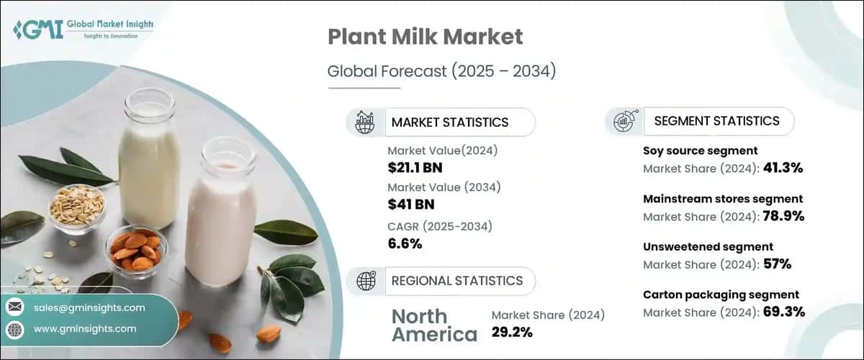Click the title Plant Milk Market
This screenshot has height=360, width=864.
click(x=425, y=38)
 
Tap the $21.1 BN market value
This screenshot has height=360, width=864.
click(x=415, y=168)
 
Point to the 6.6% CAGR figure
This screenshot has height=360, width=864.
click(x=405, y=243)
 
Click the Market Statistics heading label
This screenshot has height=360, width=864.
click(x=450, y=122)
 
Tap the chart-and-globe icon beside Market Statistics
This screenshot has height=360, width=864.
click(x=365, y=122)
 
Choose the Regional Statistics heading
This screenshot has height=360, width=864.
click(x=456, y=281)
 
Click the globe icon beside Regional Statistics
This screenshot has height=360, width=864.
click(x=365, y=281)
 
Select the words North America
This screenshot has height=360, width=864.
click(x=433, y=325)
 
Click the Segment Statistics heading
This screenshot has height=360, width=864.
click(x=716, y=121)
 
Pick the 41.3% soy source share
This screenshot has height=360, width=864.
click(x=780, y=168)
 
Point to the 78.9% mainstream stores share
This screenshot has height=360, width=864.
click(x=780, y=216)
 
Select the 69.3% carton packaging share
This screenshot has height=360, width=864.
click(x=780, y=312)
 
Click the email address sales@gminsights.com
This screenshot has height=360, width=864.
click(x=89, y=307)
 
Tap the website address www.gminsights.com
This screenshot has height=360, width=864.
click(x=85, y=329)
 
